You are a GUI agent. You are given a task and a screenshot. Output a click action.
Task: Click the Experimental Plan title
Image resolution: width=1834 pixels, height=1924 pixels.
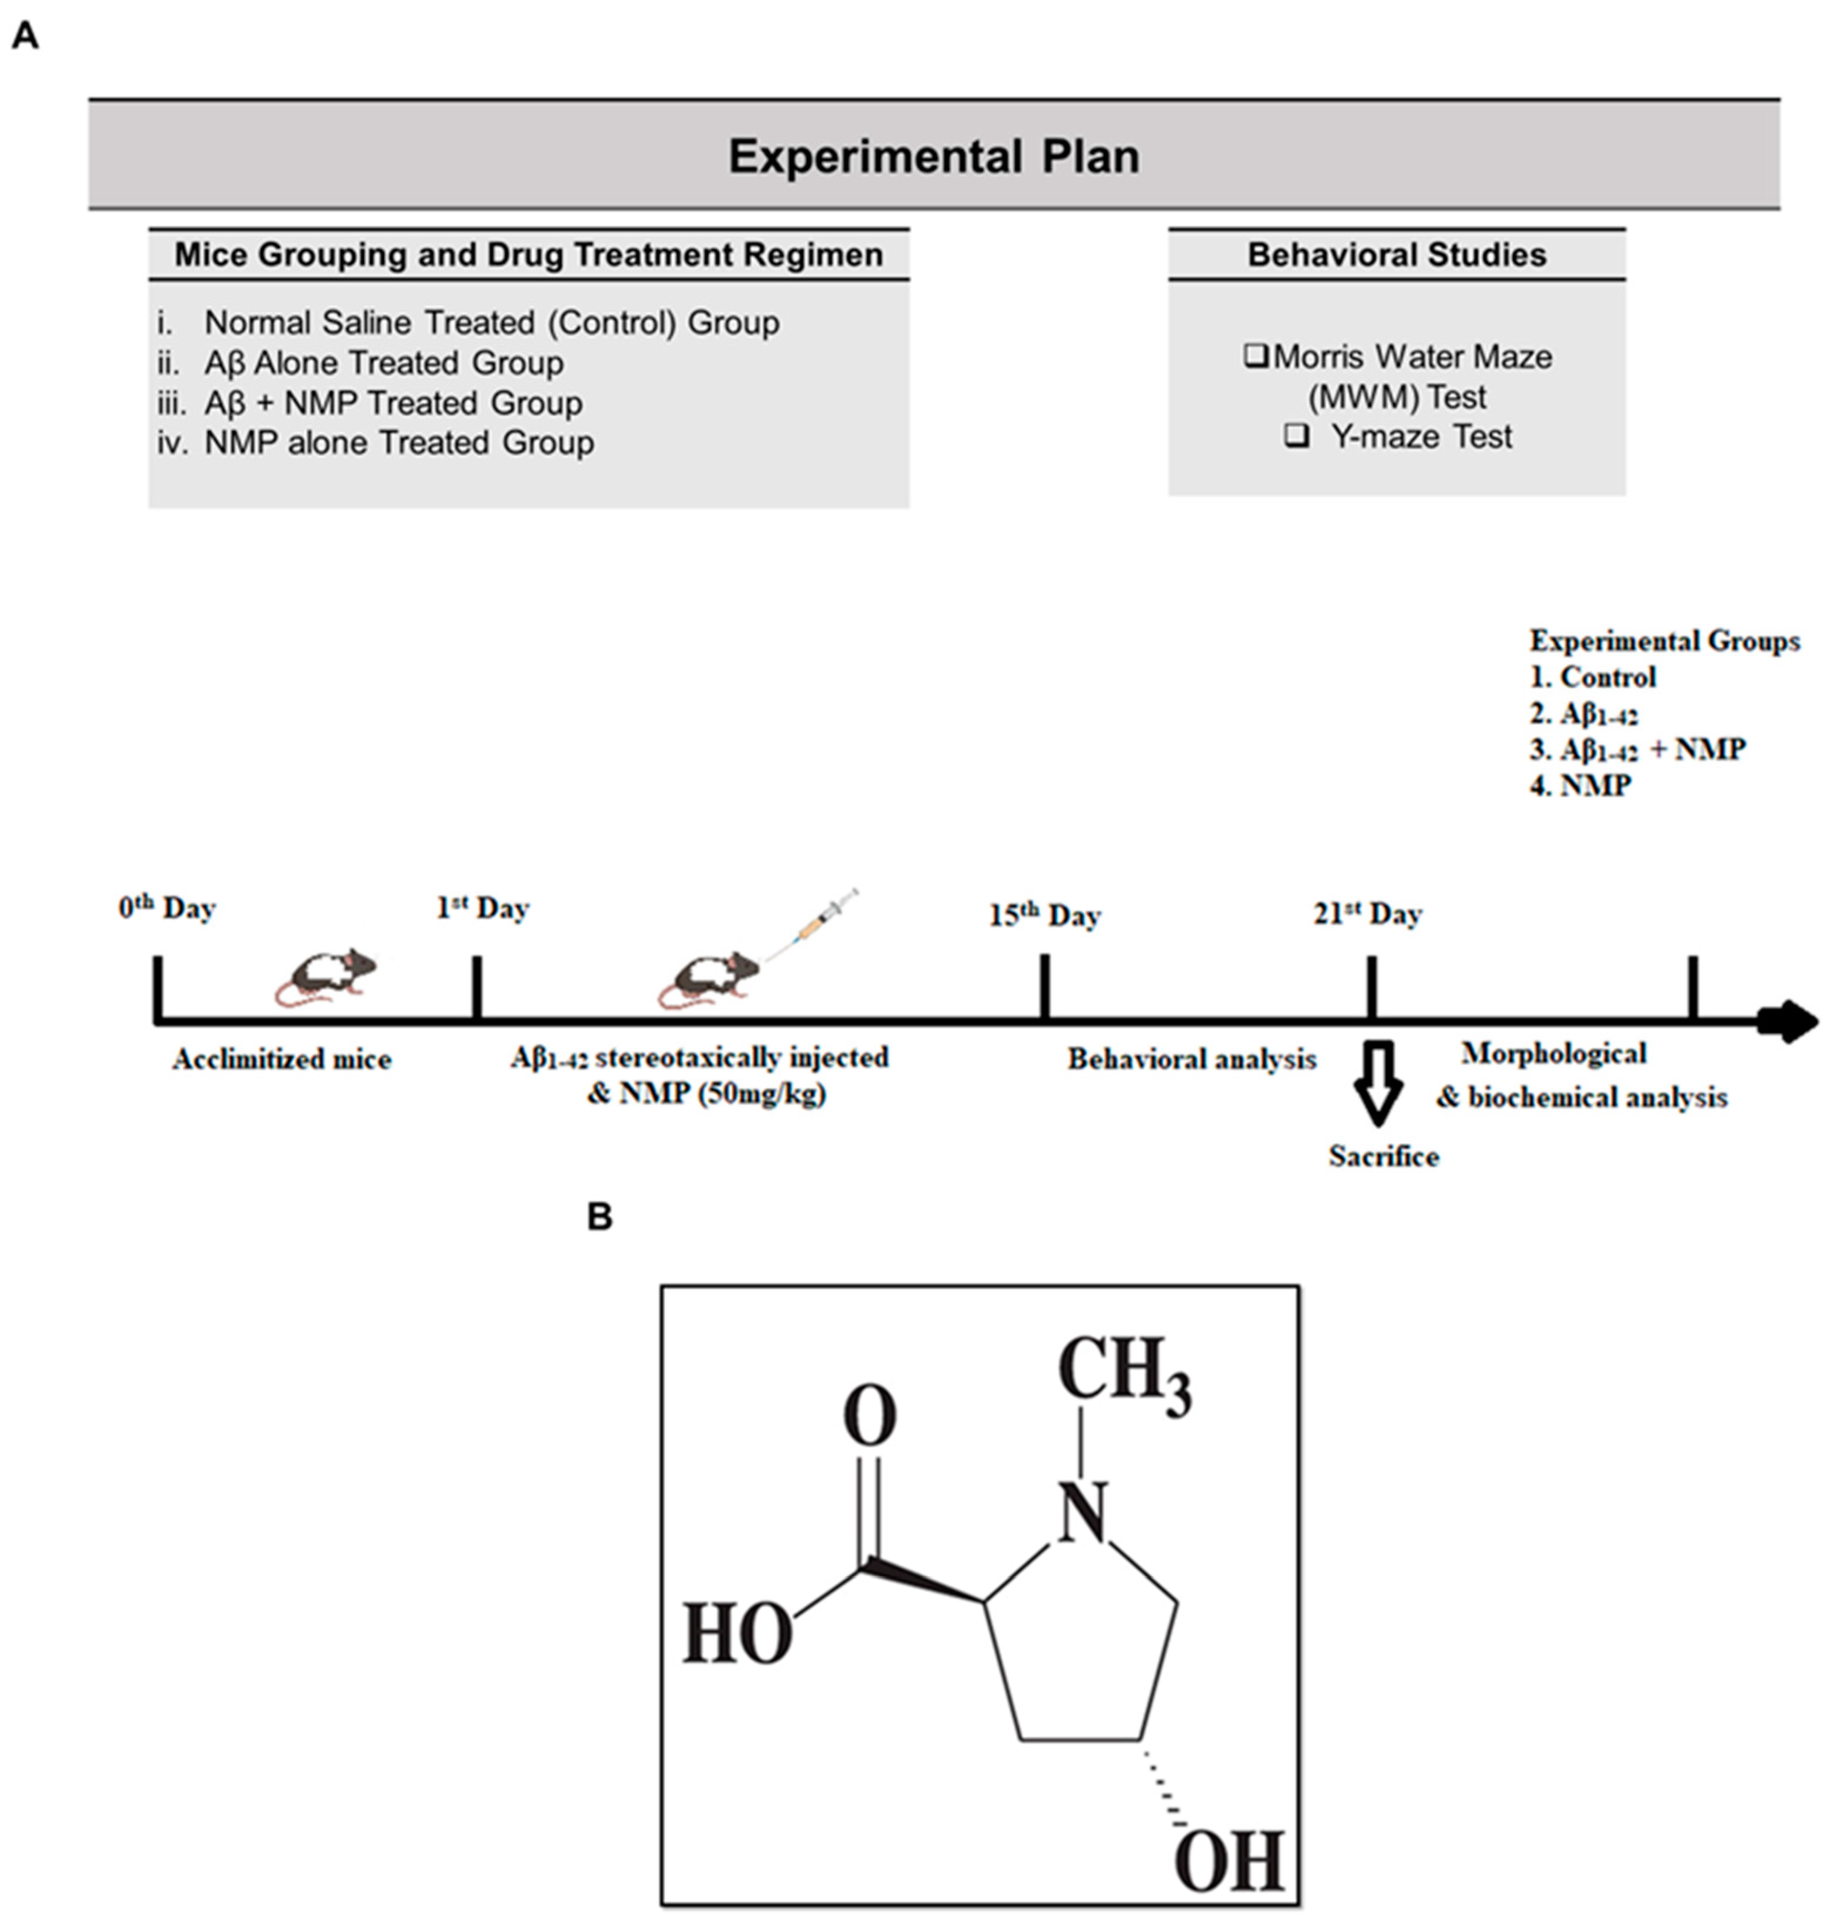click(934, 156)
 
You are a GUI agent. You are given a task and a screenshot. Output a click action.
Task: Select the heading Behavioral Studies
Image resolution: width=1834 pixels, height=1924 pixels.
click(1396, 255)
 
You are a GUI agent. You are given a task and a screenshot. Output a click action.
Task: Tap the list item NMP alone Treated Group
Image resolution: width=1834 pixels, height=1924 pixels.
click(398, 443)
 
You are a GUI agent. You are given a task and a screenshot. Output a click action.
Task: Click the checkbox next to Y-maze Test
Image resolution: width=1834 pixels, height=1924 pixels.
click(1296, 435)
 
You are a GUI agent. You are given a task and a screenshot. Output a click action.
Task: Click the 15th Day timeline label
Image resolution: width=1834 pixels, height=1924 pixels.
click(1044, 916)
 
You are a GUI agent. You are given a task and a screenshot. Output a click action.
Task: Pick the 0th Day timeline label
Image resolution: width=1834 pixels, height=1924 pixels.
click(167, 908)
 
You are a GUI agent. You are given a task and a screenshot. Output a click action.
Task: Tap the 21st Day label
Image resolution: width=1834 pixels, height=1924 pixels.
click(1367, 914)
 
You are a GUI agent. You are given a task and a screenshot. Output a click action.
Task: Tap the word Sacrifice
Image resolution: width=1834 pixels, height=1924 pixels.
click(1384, 1156)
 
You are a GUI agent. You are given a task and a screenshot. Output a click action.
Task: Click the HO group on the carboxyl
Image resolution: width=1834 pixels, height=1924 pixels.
click(737, 1634)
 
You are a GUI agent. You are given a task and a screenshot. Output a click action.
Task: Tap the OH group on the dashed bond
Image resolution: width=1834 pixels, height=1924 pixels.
click(1229, 1861)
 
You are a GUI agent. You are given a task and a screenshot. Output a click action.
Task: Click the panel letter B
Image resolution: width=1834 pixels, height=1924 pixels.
click(599, 1217)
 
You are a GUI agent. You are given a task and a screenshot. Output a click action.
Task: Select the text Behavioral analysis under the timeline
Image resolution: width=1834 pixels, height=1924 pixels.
click(1191, 1059)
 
